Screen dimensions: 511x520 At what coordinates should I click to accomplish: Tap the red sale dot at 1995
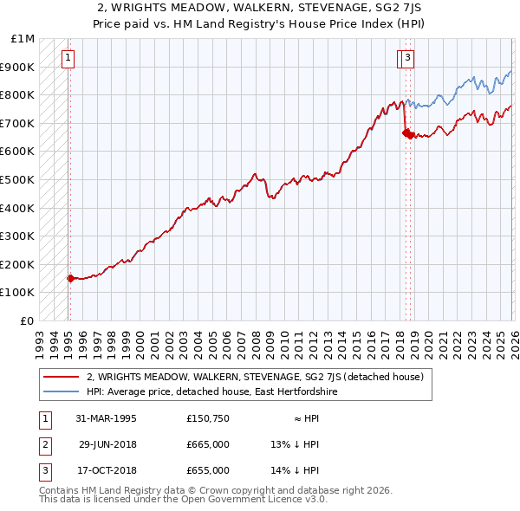pos(70,278)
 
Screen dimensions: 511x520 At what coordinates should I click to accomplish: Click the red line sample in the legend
pos(61,377)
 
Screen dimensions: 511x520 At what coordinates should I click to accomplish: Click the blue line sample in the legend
pos(61,391)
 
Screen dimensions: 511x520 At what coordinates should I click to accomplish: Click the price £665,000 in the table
pos(208,444)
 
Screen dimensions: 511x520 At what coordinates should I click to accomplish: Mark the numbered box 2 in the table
pos(43,444)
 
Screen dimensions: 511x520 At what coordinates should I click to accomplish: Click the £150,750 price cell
pos(208,418)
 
